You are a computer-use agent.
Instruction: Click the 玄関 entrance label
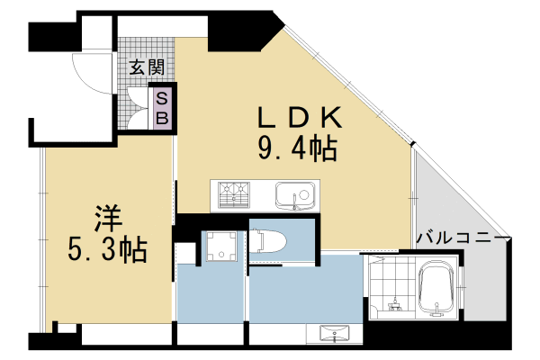(x=145, y=67)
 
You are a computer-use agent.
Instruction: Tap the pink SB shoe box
(x=164, y=107)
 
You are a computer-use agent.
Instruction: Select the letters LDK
(x=298, y=117)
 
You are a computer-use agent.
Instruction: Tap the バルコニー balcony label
(x=463, y=238)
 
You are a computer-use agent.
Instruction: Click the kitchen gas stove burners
(x=230, y=193)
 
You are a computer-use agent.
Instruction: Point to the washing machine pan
(x=219, y=246)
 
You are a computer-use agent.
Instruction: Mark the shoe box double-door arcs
(x=138, y=107)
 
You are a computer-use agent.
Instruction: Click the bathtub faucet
(x=438, y=311)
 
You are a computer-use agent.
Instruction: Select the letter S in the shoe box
(x=164, y=98)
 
